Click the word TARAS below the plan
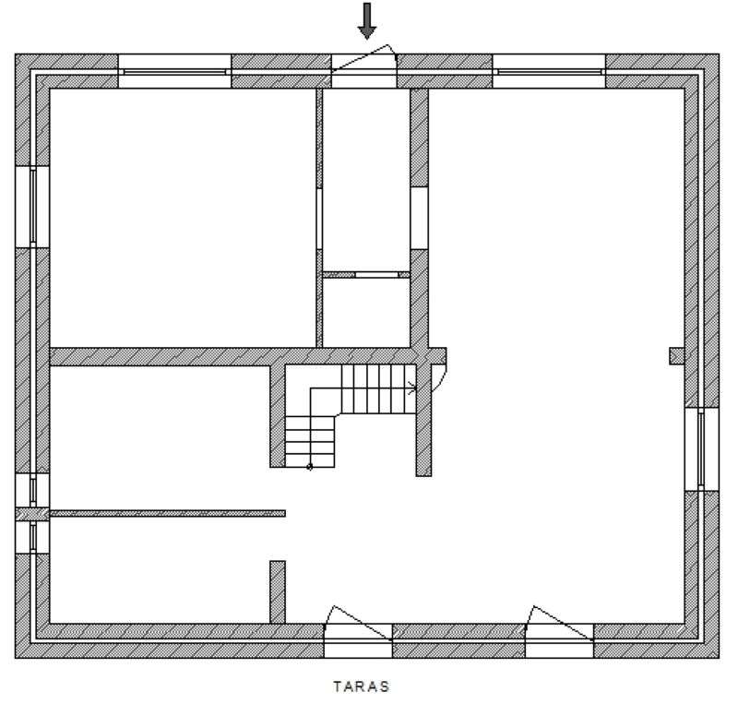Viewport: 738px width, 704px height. [x=361, y=686]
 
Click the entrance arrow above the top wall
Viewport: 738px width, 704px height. [x=367, y=21]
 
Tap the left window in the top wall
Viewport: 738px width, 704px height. [x=174, y=70]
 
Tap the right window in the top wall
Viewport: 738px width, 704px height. [x=549, y=70]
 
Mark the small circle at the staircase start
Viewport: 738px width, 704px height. [x=310, y=467]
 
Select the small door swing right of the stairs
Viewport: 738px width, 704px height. [x=438, y=377]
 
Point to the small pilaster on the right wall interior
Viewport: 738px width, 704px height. [x=676, y=356]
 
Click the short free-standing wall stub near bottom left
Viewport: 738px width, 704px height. [x=277, y=591]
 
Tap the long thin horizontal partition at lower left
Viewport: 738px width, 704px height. [x=166, y=512]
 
